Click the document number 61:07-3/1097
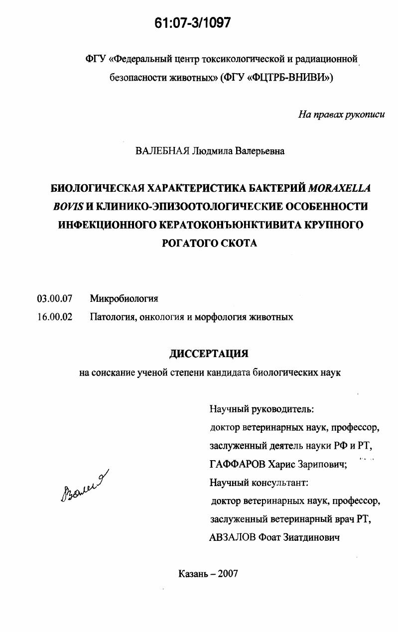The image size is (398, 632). coord(193,23)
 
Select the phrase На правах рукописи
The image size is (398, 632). coord(341,115)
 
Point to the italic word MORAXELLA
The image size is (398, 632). coord(340,188)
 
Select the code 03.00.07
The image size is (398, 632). coord(55,299)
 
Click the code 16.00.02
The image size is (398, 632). coord(55,317)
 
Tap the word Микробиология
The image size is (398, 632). coord(124,299)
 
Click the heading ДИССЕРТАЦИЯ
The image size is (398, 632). coord(209,354)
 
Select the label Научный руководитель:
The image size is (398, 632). coord(262,409)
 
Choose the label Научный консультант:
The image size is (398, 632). coord(259,483)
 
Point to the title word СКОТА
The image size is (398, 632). coord(237,244)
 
